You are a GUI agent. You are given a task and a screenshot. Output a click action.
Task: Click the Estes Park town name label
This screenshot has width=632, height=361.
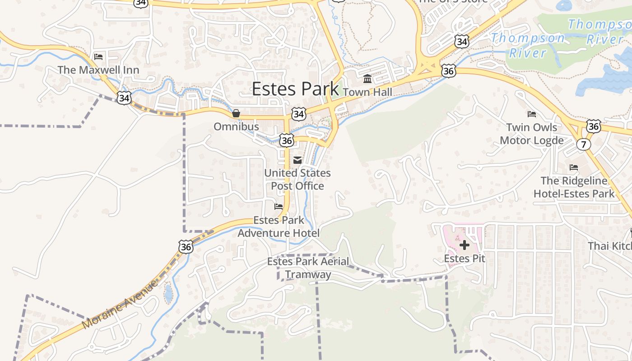[295, 89]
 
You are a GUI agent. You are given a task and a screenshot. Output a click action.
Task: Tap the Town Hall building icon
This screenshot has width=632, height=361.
[367, 79]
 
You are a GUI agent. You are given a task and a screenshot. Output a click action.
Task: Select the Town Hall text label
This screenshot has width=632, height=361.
[367, 92]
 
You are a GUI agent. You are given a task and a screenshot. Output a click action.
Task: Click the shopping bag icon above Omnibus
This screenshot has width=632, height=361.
[236, 113]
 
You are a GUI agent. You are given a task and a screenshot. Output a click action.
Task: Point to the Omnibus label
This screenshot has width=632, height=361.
[236, 126]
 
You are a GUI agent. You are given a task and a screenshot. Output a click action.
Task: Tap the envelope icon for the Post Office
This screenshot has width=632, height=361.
[297, 160]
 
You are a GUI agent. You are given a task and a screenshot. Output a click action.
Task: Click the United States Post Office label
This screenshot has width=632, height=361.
[297, 179]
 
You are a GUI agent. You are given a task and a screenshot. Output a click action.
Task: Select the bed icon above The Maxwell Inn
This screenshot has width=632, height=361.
[98, 57]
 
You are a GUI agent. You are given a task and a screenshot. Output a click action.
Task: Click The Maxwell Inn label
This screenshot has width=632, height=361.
[98, 70]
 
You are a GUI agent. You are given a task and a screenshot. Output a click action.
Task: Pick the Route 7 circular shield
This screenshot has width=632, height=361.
[583, 144]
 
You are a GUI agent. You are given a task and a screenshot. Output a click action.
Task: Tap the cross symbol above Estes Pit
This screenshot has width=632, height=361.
[464, 245]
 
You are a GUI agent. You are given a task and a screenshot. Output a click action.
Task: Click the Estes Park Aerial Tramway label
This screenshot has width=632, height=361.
[308, 268]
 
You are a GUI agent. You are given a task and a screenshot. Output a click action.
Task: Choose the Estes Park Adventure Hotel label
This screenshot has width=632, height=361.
[279, 227]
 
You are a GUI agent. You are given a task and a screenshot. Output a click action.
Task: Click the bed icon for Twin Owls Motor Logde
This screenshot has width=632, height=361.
[532, 114]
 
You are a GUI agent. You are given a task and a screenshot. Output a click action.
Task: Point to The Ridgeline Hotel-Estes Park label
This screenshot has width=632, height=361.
[574, 187]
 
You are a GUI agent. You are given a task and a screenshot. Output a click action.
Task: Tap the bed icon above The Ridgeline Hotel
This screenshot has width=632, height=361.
[574, 167]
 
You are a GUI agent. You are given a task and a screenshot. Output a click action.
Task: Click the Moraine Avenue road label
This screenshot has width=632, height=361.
[121, 304]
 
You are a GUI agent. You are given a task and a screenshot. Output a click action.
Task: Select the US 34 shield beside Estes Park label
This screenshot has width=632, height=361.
[298, 114]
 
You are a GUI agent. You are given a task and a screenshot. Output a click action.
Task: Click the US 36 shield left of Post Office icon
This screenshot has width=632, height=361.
[286, 140]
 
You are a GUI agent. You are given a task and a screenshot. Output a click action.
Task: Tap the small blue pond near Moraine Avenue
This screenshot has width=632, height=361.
[168, 294]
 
